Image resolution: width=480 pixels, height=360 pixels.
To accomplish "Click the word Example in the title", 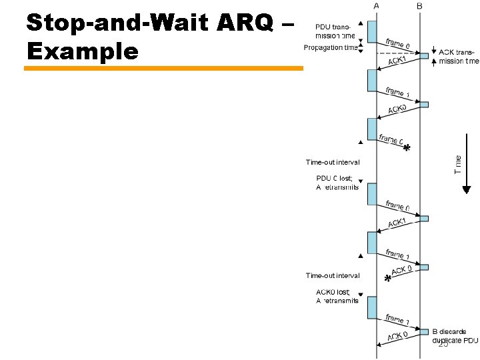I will [x=82, y=51].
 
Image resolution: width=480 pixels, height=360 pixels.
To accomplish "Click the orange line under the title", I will [x=163, y=67].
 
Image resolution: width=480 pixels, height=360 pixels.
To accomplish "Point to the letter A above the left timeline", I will [x=377, y=5].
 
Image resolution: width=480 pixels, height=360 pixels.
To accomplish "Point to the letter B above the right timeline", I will [x=419, y=5].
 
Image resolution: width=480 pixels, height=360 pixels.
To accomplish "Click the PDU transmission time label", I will [x=335, y=31].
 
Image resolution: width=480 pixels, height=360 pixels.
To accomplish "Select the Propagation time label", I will [x=330, y=47].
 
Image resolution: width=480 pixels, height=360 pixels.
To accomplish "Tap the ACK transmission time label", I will [x=459, y=56].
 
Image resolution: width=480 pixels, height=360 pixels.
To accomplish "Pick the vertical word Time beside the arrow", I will [x=458, y=164].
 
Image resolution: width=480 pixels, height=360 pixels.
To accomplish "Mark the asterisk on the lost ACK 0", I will [x=387, y=280].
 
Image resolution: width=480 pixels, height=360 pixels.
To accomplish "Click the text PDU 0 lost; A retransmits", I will [x=337, y=182].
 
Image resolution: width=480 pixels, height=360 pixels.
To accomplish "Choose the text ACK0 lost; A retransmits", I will [x=337, y=296].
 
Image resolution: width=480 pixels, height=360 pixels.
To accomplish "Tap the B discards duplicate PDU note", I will [x=455, y=335].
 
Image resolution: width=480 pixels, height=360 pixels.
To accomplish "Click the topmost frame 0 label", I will [x=398, y=43].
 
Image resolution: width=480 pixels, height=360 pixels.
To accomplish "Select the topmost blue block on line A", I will [x=371, y=30].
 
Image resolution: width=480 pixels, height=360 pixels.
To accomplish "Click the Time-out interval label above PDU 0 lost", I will [x=333, y=162].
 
